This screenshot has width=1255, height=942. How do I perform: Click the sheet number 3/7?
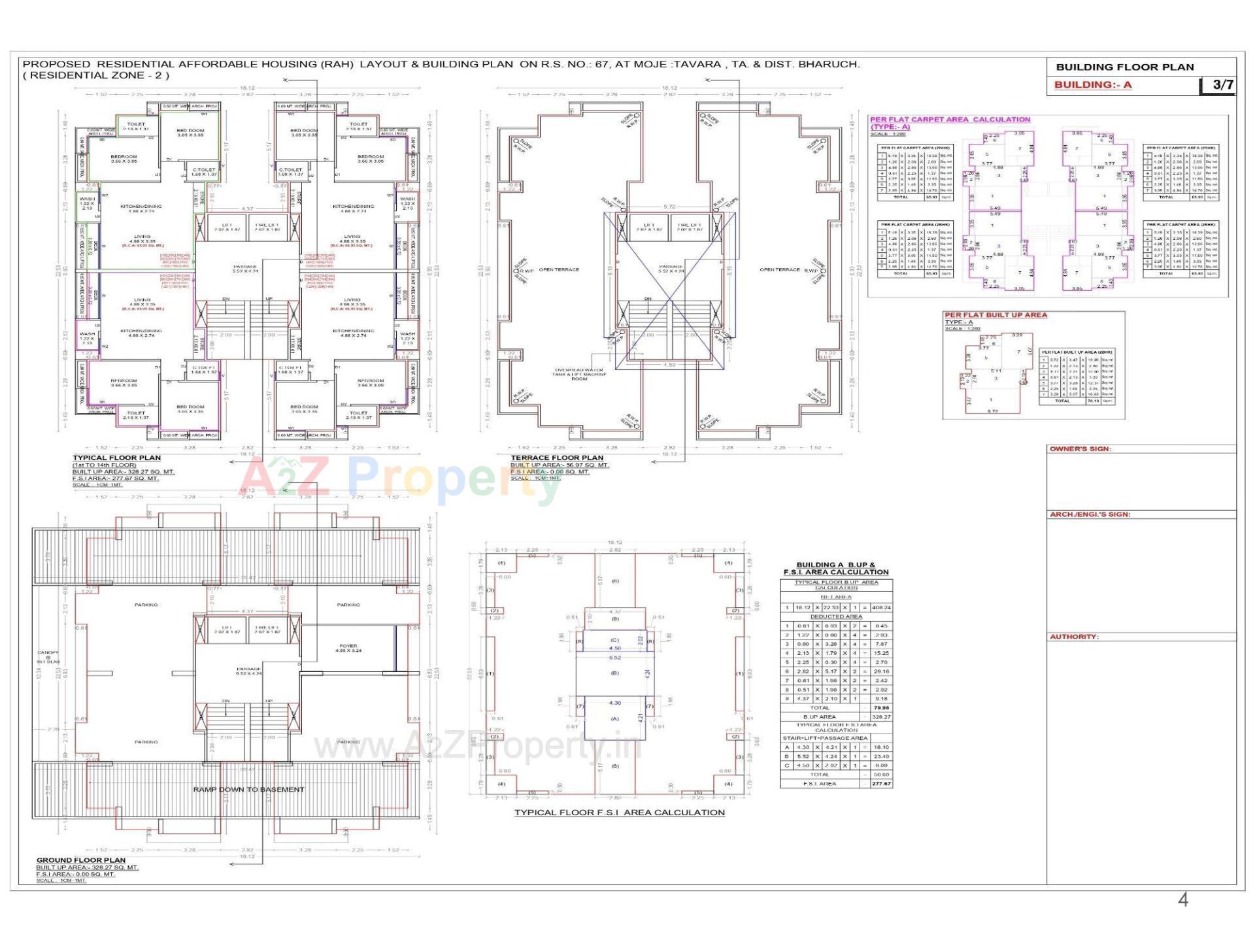tap(1222, 85)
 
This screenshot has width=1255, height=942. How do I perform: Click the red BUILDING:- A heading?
tap(1092, 85)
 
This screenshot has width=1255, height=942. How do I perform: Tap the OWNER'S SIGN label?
tap(1080, 449)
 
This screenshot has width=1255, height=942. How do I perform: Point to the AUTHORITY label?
tap(1074, 637)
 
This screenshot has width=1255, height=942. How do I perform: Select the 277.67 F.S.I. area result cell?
tap(880, 784)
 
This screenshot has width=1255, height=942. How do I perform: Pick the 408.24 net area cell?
tap(880, 607)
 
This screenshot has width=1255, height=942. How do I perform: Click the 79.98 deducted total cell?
tap(880, 708)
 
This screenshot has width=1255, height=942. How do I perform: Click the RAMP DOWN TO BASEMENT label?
tap(248, 790)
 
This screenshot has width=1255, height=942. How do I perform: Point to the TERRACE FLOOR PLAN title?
tap(557, 458)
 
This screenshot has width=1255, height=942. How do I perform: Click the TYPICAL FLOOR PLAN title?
tap(116, 458)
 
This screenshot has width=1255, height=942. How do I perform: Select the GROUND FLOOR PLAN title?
tap(81, 860)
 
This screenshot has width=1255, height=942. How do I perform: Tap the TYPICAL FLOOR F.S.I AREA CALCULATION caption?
tap(619, 813)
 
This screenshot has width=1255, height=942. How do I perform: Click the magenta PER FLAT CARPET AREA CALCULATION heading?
tap(950, 120)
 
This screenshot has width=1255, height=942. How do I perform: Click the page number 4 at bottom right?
tap(1182, 900)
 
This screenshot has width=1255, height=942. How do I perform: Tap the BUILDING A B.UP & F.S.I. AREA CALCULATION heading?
tap(836, 568)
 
